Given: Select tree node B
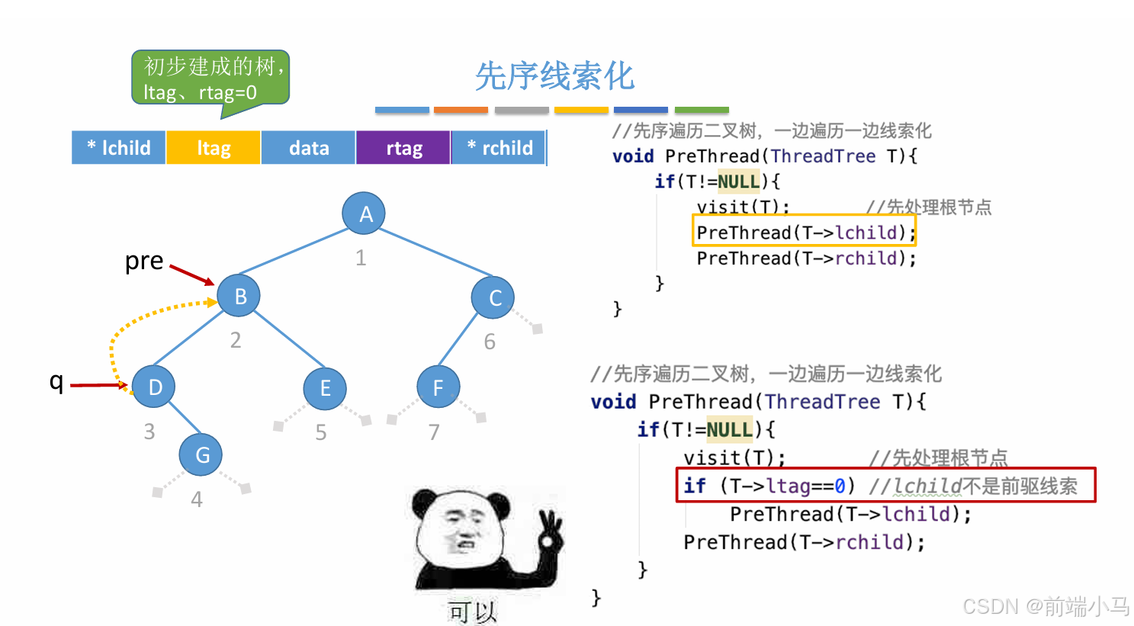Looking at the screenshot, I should coord(239,296).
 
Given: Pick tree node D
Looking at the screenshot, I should coord(154,387).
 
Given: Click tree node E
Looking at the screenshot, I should coord(325,388).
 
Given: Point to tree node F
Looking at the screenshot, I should coord(439,387).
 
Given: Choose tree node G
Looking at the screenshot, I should coord(201,455).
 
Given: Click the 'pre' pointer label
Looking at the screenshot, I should coord(144,261).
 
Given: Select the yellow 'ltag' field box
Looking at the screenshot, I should coord(214,148).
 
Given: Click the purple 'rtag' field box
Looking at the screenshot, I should coord(403,148).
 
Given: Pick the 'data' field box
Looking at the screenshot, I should coord(309,148).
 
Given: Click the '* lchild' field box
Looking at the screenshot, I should coord(119,148).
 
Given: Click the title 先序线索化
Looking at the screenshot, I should coord(554,76).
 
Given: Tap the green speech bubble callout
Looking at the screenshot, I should coord(210,79).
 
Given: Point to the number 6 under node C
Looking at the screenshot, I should coord(490,342).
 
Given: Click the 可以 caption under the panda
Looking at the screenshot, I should coord(472,612).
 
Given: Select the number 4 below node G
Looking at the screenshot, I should coord(197,499).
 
